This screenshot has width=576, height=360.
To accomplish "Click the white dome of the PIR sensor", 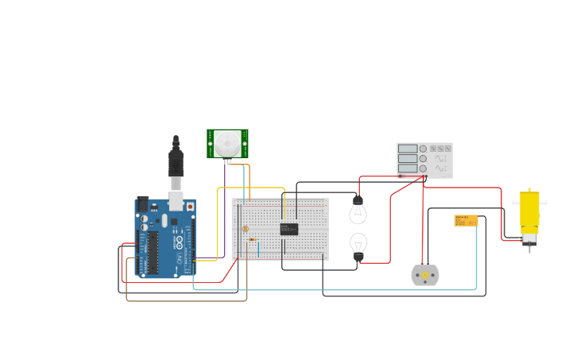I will (228, 143).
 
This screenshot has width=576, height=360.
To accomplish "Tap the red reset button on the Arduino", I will (190, 207).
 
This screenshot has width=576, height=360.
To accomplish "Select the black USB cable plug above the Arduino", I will (176, 162).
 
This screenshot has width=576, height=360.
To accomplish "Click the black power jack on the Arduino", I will (142, 204).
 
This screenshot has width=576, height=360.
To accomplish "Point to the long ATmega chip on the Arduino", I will (153, 252).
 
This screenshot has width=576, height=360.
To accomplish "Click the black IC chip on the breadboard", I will (289, 229).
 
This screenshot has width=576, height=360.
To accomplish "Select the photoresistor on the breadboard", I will (244, 228).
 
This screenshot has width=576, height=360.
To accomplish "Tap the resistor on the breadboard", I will (252, 239).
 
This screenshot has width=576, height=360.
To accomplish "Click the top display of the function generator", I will (408, 149).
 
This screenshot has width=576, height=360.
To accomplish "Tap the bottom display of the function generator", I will (408, 168).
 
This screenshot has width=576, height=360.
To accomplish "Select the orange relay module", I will (466, 220).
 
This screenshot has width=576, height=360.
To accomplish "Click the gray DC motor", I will (425, 275).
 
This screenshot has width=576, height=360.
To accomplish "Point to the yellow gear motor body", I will (529, 210).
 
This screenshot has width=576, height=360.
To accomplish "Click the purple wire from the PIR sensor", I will (225, 207).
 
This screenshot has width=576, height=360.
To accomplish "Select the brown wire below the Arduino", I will (187, 301).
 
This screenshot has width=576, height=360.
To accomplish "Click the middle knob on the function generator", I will (423, 158).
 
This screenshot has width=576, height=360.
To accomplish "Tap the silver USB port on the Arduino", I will (176, 199).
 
